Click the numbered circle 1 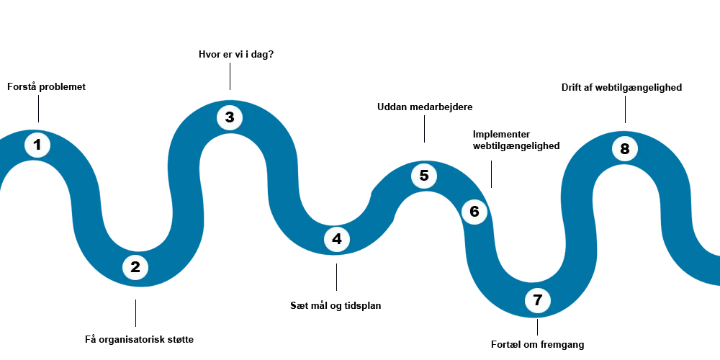point(37,145)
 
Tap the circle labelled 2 point(135,268)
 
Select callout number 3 point(230,117)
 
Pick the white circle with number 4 point(337,239)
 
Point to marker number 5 point(424,176)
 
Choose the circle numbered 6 point(474,212)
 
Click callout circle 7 point(538,300)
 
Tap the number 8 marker point(625,149)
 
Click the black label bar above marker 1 point(46,86)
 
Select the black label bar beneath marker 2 point(138,340)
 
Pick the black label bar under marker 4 point(335,305)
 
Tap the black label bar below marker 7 point(539,346)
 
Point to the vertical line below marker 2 point(135,314)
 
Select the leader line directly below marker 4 point(337,276)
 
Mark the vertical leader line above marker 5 point(423,130)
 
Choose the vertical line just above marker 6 point(492,173)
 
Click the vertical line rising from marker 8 point(625,112)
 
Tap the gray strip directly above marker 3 point(230,100)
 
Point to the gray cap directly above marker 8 point(622,130)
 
